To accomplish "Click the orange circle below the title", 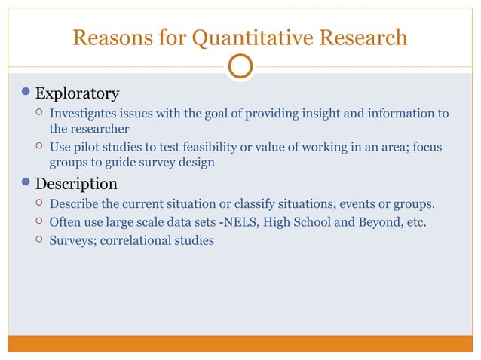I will [240, 66].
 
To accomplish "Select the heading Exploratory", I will [77, 94].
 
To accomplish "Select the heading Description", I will [76, 184].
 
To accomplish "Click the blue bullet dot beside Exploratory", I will [27, 93].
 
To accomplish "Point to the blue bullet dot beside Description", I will [27, 183].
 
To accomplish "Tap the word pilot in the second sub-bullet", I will [87, 147].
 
